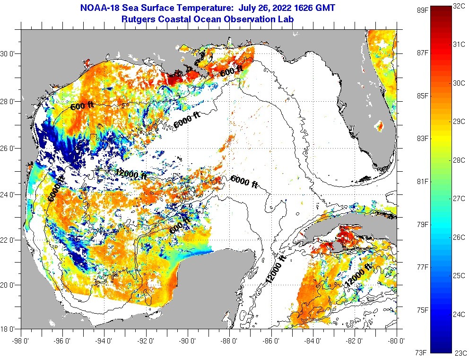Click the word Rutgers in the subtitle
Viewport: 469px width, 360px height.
139,19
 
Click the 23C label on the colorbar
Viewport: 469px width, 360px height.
460,352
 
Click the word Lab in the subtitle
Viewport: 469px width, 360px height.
287,19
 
